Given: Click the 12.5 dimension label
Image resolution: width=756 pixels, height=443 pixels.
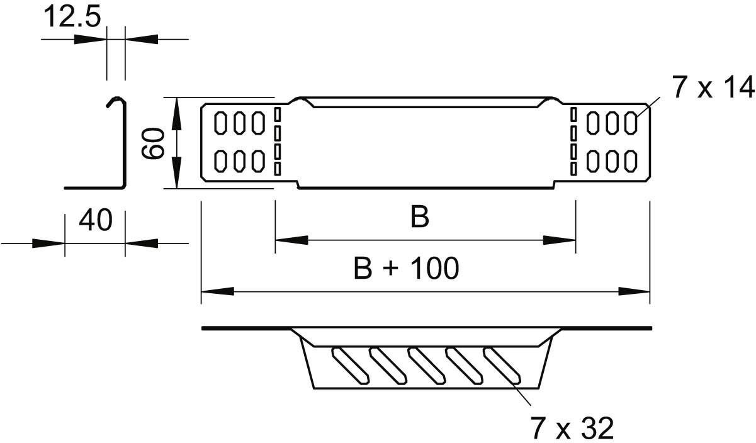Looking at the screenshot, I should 72,18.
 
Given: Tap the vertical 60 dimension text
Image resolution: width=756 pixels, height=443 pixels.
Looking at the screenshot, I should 154,143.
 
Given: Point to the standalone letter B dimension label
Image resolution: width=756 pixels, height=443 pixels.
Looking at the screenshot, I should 419,218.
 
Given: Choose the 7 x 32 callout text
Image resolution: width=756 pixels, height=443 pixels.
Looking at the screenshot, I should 571,429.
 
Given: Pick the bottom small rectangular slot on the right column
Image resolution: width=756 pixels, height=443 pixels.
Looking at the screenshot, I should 573,168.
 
